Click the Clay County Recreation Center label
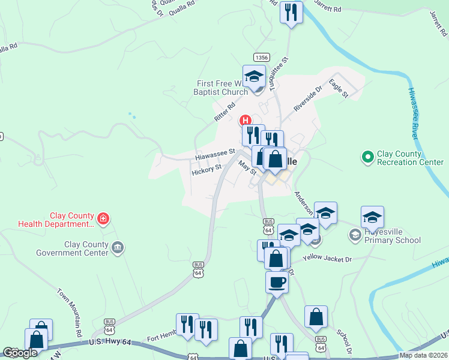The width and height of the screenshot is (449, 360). point(411,158)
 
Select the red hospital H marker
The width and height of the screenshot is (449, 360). point(245,119)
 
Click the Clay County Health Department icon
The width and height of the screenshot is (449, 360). point(103,218)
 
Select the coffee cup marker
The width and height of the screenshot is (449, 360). point(277,281)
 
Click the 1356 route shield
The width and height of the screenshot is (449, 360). point(261,57)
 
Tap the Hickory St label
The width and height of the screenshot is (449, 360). point(206,170)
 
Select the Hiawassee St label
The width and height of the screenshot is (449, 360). point(214,155)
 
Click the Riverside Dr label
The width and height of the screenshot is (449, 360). point(307,98)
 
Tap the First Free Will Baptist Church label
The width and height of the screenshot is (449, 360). point(222,88)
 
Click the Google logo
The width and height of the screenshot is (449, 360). point(20,353)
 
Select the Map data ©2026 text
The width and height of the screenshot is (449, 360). point(423,355)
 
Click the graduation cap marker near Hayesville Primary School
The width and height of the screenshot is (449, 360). point(372,217)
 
